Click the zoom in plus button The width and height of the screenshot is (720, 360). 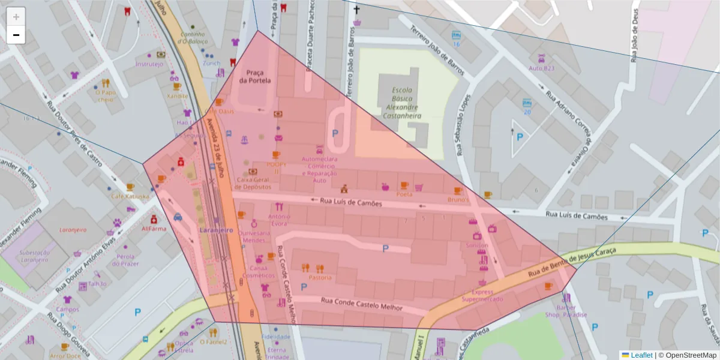(16, 17)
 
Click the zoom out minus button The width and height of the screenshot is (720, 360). (16, 35)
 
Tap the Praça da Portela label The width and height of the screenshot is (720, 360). (255, 76)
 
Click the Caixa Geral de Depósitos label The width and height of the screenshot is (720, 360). (254, 183)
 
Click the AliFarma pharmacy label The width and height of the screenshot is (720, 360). (154, 228)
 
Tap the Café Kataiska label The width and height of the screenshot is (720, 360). (130, 196)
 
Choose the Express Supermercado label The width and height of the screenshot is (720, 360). (483, 295)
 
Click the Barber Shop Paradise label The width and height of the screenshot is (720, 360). (566, 311)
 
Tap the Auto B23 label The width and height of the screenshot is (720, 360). (542, 68)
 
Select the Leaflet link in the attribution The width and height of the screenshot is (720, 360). (641, 355)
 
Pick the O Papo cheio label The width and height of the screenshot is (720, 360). (105, 96)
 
